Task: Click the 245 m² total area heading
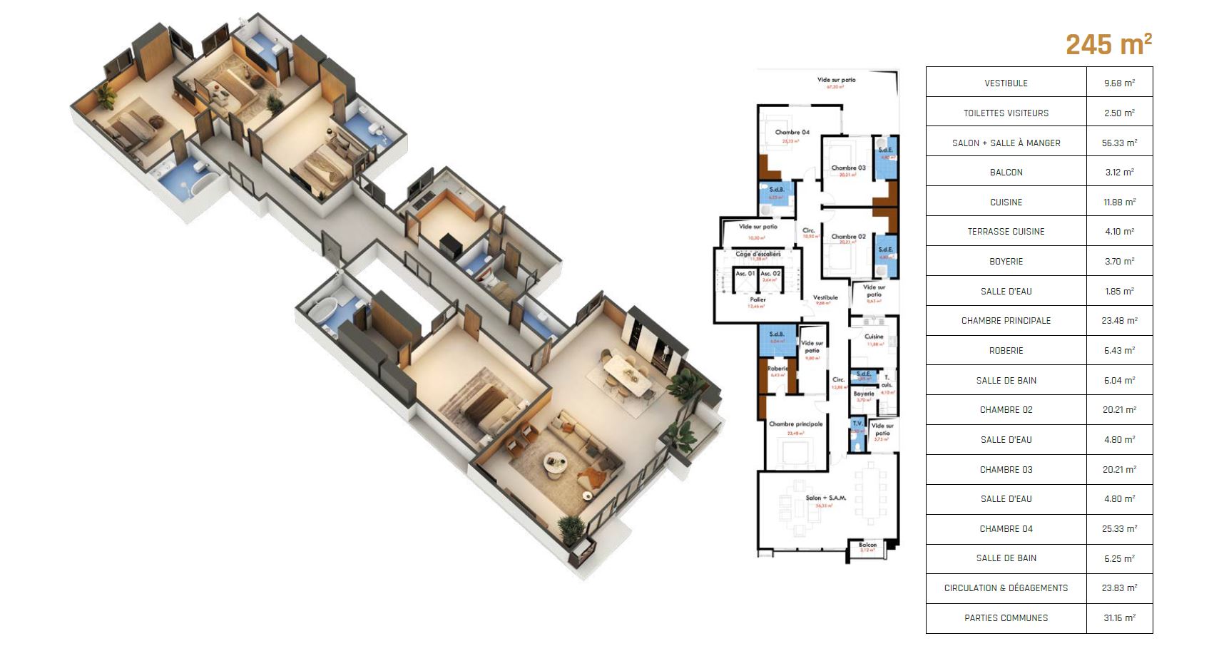pyautogui.click(x=1108, y=45)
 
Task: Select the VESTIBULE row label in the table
pyautogui.click(x=1006, y=83)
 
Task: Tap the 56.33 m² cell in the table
pyautogui.click(x=1119, y=143)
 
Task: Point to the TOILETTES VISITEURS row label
pyautogui.click(x=1006, y=113)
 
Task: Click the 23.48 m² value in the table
pyautogui.click(x=1119, y=321)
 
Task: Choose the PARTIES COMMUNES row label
pyautogui.click(x=1006, y=618)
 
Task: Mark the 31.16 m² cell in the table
pyautogui.click(x=1119, y=618)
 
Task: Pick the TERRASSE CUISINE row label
pyautogui.click(x=1006, y=232)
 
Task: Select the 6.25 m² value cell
pyautogui.click(x=1119, y=558)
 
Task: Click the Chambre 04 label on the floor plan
pyautogui.click(x=792, y=133)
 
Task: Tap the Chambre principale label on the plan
pyautogui.click(x=795, y=424)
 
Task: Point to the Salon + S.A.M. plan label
pyautogui.click(x=825, y=498)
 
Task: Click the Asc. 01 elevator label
pyautogui.click(x=745, y=274)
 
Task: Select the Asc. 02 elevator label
pyautogui.click(x=770, y=274)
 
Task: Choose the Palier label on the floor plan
pyautogui.click(x=757, y=300)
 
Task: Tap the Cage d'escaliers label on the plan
pyautogui.click(x=757, y=254)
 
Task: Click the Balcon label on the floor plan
pyautogui.click(x=867, y=545)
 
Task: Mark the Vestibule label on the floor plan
pyautogui.click(x=825, y=297)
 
